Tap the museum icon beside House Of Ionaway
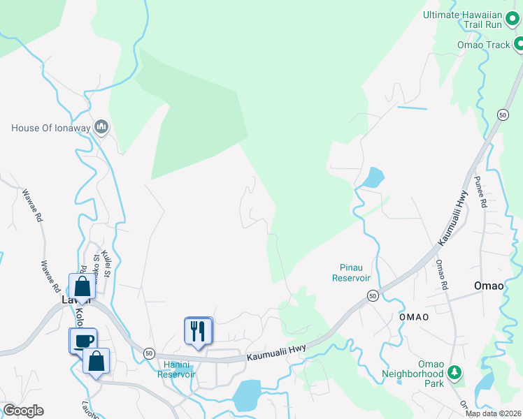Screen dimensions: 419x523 pos(102,126)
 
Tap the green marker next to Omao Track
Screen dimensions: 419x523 pos(519,45)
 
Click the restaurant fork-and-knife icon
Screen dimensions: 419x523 pos(198,330)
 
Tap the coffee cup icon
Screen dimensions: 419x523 pos(83,339)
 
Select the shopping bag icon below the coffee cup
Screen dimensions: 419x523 pos(96,361)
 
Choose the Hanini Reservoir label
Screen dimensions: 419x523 pos(175,369)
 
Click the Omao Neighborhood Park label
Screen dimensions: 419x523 pos(413,374)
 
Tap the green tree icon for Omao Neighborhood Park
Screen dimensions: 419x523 pos(455,373)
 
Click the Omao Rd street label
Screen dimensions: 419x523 pos(440,274)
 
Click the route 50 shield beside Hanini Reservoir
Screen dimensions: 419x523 pos(149,354)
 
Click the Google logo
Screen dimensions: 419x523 pos(23,411)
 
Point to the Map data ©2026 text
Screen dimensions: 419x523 pos(494,413)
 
